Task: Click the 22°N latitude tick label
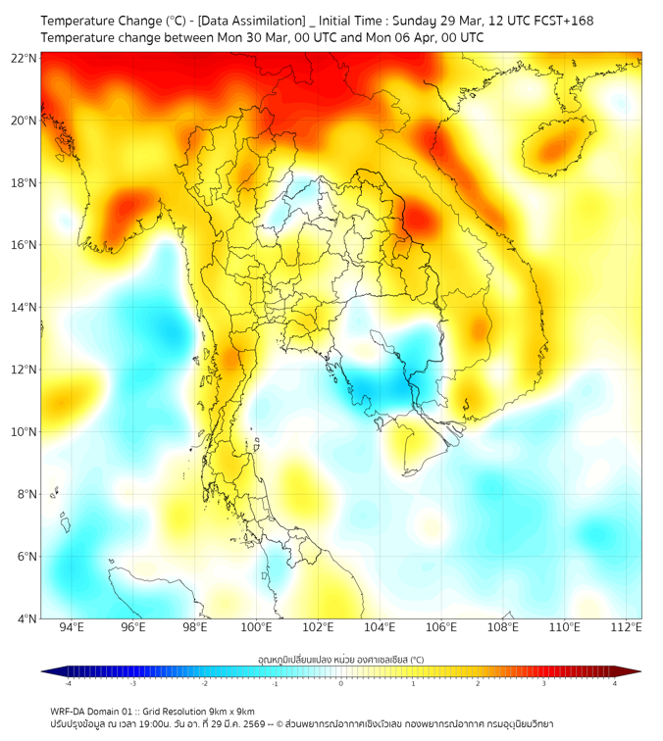[x=25, y=58]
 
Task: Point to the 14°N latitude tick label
[x=25, y=307]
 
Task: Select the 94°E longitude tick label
[x=72, y=627]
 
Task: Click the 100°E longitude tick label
[x=256, y=627]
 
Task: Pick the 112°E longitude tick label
[x=627, y=627]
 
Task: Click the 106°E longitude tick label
[x=441, y=627]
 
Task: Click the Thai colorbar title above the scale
[x=340, y=659]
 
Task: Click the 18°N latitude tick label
[x=25, y=182]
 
